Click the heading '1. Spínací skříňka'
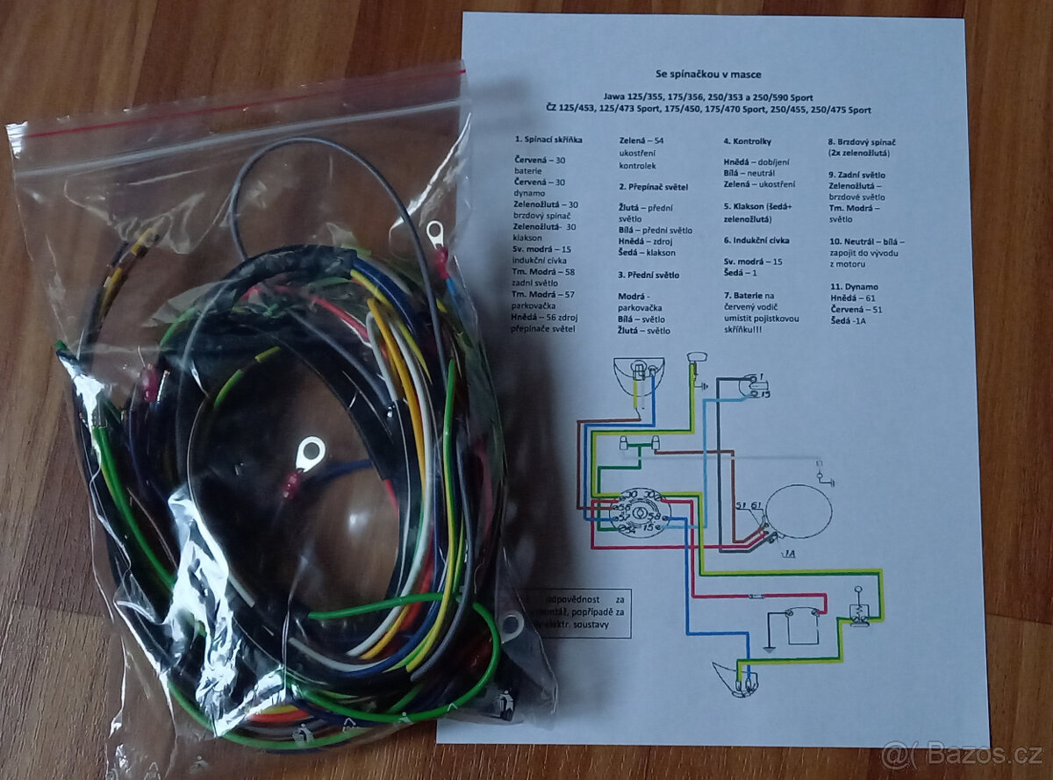[548, 140]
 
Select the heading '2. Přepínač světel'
[653, 187]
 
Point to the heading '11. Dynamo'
[853, 286]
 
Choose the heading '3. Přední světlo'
[649, 275]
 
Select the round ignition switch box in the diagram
[638, 512]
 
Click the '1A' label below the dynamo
[792, 554]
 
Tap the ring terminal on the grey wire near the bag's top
[433, 233]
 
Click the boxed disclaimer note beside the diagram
[579, 612]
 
